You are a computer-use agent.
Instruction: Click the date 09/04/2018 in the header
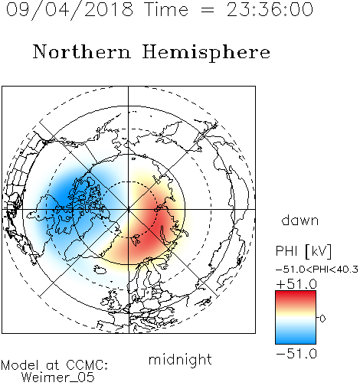pyautogui.click(x=70, y=9)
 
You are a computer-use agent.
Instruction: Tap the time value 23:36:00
pyautogui.click(x=270, y=9)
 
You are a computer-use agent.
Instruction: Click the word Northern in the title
pyautogui.click(x=82, y=52)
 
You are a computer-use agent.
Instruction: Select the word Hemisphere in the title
pyautogui.click(x=206, y=53)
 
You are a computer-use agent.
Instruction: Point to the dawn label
pyautogui.click(x=300, y=220)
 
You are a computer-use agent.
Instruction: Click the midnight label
pyautogui.click(x=180, y=359)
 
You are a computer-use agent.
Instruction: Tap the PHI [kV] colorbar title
pyautogui.click(x=303, y=251)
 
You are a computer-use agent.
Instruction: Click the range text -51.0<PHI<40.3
pyautogui.click(x=317, y=270)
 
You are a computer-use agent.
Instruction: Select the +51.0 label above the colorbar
pyautogui.click(x=296, y=284)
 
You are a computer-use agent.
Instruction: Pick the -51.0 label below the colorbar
pyautogui.click(x=296, y=354)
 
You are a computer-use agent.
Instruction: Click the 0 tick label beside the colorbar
pyautogui.click(x=322, y=319)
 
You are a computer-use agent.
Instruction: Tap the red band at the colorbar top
pyautogui.click(x=296, y=296)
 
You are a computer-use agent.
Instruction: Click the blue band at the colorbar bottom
pyautogui.click(x=296, y=338)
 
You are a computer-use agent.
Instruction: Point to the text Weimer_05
pyautogui.click(x=58, y=378)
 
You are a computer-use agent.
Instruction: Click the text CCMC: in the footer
pyautogui.click(x=87, y=365)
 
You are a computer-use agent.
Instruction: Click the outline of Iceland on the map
pyautogui.click(x=100, y=269)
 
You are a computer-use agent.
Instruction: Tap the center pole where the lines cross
pyautogui.click(x=129, y=209)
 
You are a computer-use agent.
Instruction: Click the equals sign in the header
pyautogui.click(x=208, y=11)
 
